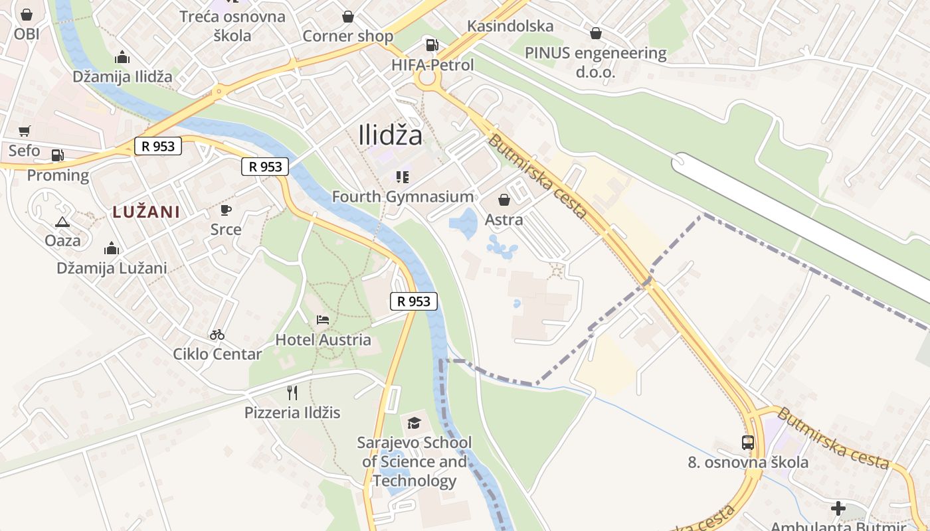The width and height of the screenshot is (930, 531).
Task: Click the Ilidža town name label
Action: [390, 135]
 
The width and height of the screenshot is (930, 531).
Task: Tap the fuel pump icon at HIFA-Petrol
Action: [432, 45]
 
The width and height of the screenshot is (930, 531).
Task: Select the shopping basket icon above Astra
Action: [504, 199]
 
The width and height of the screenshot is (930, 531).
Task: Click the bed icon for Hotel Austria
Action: [323, 320]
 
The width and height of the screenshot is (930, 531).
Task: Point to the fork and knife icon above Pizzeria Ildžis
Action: [292, 392]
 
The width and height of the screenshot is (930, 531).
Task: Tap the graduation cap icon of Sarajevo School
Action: [414, 423]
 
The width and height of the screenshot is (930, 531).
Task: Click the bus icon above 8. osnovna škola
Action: [748, 442]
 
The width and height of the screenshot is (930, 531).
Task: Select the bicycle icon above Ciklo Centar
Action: [217, 335]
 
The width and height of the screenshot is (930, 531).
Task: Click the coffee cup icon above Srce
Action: [226, 210]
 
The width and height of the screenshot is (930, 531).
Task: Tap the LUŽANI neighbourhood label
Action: [146, 212]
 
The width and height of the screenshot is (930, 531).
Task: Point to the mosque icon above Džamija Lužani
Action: [112, 248]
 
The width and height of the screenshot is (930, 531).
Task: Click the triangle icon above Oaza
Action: [62, 222]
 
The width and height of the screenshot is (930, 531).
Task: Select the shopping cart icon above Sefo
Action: [25, 131]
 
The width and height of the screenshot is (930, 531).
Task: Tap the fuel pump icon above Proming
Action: [58, 155]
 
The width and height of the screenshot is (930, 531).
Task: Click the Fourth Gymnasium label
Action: [403, 196]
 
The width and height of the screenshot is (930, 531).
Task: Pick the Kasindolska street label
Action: [510, 27]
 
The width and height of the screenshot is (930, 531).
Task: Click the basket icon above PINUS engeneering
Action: [596, 33]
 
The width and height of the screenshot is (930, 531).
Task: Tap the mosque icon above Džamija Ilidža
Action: [122, 57]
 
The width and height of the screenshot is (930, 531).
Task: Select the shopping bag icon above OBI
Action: [27, 14]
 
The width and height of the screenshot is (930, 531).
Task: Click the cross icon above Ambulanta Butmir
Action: [838, 508]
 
